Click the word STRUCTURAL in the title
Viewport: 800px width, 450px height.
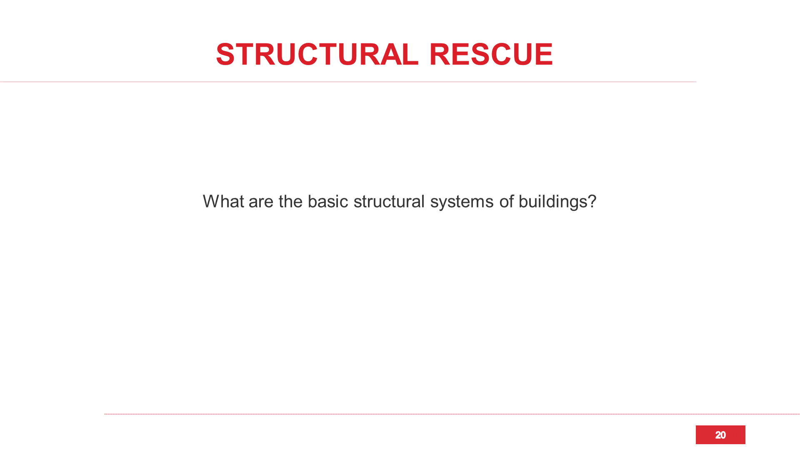[x=317, y=54]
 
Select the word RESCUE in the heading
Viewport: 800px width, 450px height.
[x=491, y=54]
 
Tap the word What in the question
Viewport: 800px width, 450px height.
[x=223, y=201]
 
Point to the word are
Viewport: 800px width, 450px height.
[x=261, y=203]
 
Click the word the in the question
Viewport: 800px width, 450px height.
[x=290, y=201]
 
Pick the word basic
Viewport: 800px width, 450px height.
[x=328, y=201]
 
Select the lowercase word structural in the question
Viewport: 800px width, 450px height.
[x=389, y=201]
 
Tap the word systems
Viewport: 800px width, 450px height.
[x=462, y=203]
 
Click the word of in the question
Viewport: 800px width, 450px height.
[x=506, y=201]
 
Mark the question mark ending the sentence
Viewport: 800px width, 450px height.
[x=592, y=201]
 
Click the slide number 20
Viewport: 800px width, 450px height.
[x=720, y=435]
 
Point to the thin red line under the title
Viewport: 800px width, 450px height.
[x=348, y=82]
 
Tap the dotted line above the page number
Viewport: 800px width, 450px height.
[x=452, y=414]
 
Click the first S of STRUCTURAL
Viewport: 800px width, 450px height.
[x=225, y=54]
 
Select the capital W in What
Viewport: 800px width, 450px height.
[x=212, y=201]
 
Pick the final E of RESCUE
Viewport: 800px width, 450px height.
[x=543, y=54]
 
